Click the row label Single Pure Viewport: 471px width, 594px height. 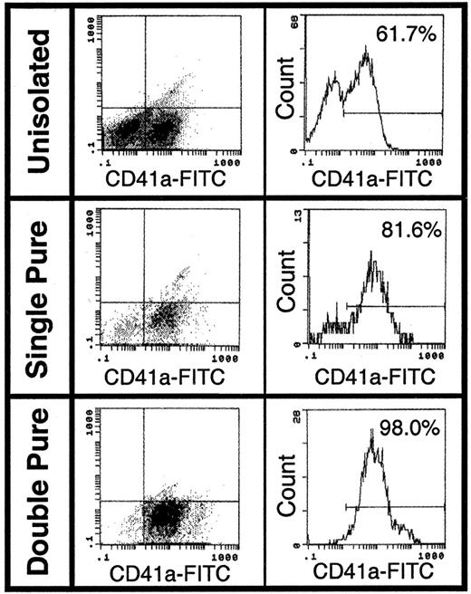tap(36, 294)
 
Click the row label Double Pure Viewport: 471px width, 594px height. tap(36, 493)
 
